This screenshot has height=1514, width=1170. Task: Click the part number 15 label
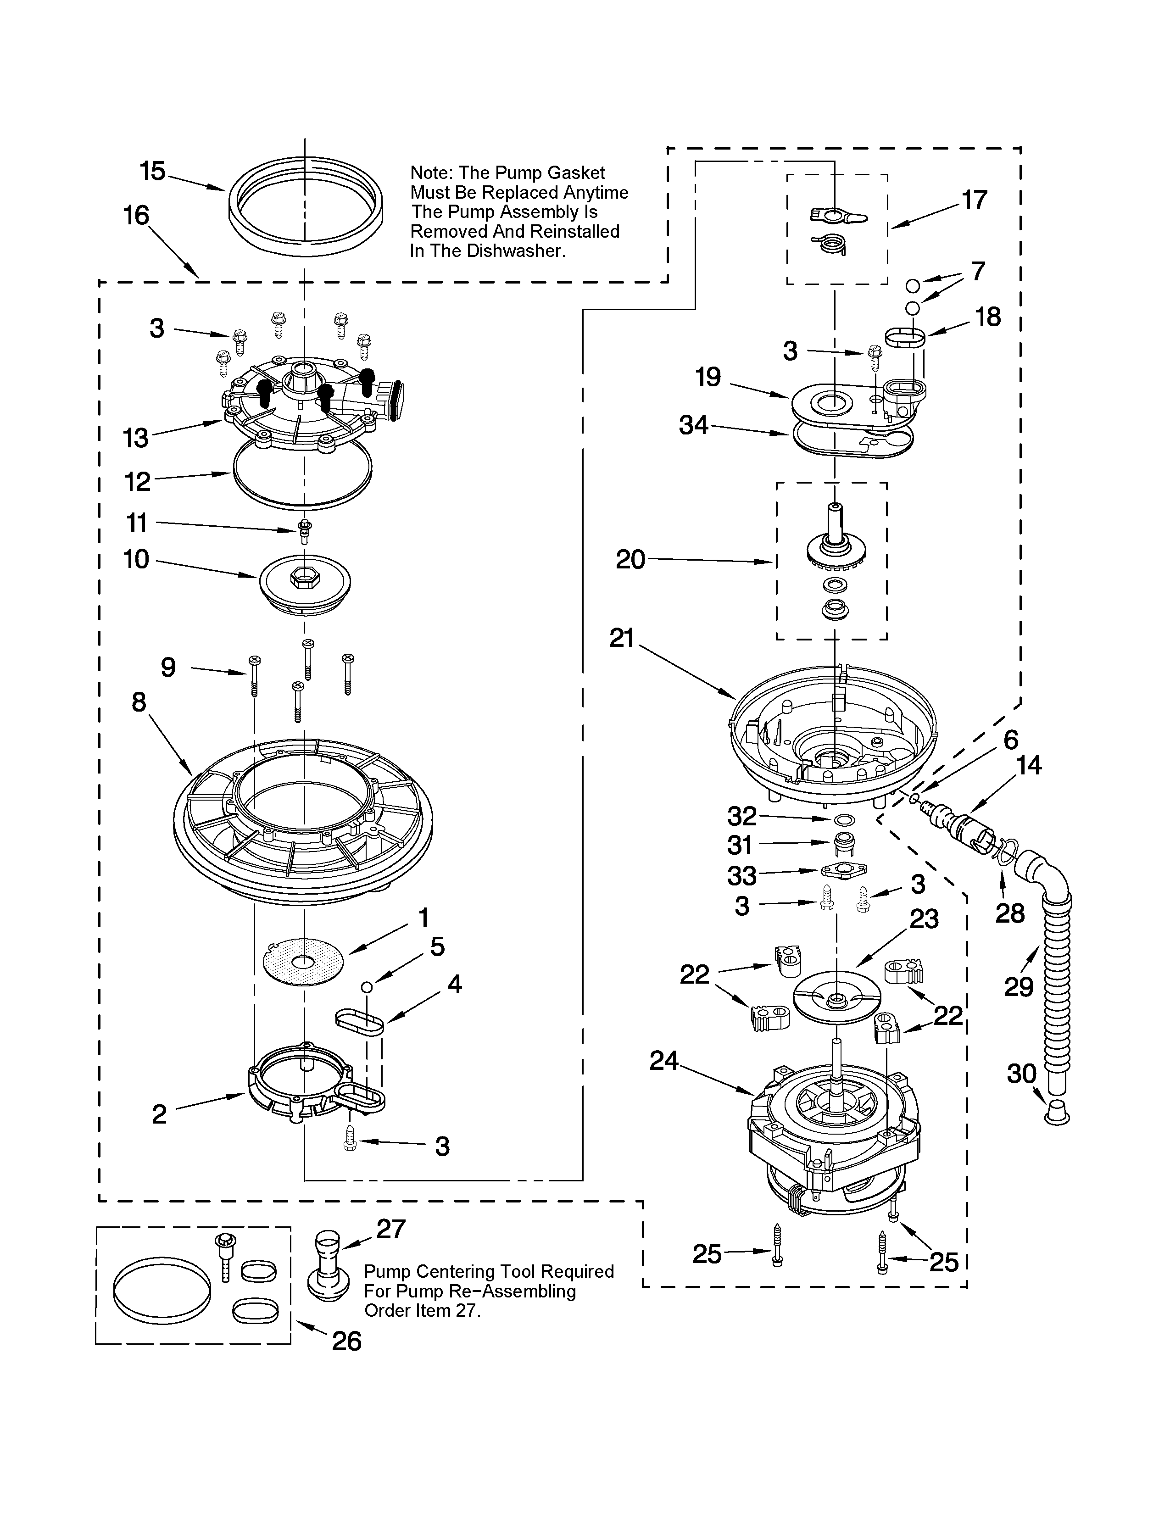click(x=152, y=171)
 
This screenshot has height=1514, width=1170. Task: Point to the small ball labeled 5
click(x=368, y=986)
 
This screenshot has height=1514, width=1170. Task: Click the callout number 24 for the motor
click(x=663, y=1061)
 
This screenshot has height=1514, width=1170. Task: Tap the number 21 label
click(x=622, y=638)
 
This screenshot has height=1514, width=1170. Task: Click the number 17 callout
click(x=974, y=200)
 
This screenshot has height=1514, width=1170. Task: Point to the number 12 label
click(x=137, y=481)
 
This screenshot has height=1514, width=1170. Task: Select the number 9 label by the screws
click(x=168, y=667)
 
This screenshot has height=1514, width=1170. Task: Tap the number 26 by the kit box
click(x=346, y=1341)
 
